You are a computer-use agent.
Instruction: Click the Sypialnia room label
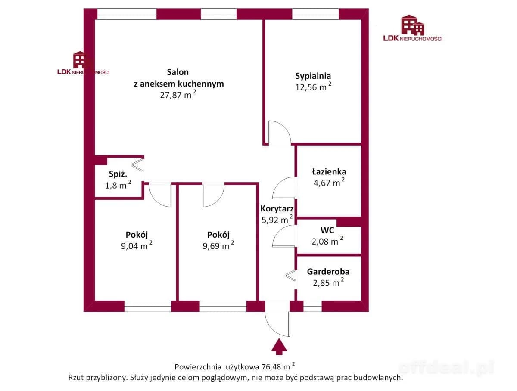[313, 76]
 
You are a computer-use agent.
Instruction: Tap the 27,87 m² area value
[178, 95]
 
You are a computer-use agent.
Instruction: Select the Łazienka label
[329, 171]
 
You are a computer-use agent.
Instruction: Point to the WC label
[327, 230]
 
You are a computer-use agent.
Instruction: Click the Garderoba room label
[328, 272]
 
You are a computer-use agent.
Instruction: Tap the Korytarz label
[277, 208]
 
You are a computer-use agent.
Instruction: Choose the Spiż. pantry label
[118, 174]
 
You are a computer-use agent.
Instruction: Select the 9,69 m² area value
[218, 246]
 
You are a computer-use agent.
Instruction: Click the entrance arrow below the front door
[279, 347]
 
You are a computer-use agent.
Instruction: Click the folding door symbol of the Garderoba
[290, 276]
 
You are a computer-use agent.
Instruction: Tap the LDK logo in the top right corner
[412, 28]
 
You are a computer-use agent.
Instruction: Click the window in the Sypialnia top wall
[315, 14]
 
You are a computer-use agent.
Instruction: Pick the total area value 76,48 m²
[278, 367]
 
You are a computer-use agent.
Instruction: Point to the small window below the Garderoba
[312, 306]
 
